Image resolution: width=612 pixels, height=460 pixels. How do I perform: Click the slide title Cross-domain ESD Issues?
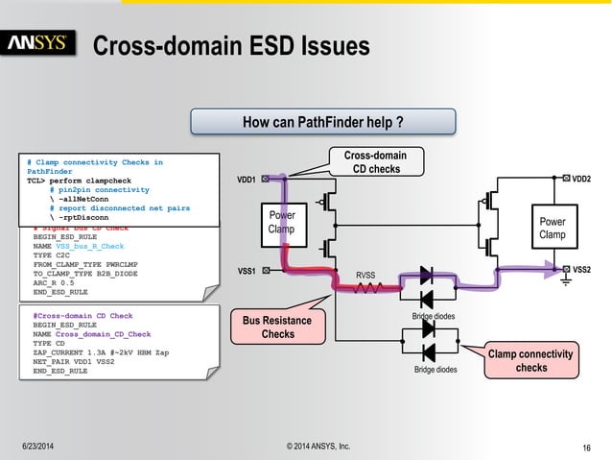pos(230,45)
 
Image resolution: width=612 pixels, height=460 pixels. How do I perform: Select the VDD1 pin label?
pos(247,180)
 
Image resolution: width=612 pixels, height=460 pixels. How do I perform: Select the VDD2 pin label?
pos(581,179)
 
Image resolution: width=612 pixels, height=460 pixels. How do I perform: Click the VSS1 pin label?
pos(247,271)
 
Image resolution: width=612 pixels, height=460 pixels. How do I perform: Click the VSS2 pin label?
pos(581,270)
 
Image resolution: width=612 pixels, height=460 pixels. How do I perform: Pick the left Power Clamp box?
pos(281,223)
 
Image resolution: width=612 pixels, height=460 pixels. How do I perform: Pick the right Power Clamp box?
pos(552,228)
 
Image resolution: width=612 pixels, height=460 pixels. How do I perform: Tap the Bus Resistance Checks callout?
pos(278,326)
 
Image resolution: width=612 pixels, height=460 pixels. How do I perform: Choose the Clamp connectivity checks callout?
pos(530,361)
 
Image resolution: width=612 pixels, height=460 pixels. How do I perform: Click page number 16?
pos(586,448)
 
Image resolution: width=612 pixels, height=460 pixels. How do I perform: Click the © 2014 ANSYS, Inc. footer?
pos(305,447)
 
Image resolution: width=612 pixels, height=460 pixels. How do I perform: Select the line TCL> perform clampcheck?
pos(84,181)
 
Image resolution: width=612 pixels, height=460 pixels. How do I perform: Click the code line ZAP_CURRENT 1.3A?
pos(101,352)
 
